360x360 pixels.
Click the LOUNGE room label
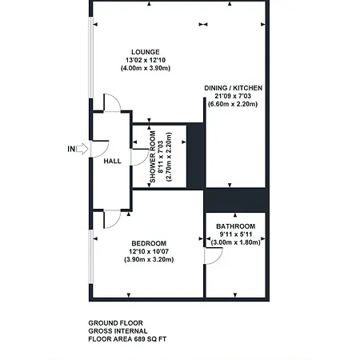[x=146, y=52]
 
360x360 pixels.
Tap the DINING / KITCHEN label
[x=233, y=88]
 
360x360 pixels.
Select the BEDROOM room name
[x=149, y=243]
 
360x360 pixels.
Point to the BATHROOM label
[x=235, y=226]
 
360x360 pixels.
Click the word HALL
[x=112, y=161]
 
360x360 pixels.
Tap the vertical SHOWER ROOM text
[x=153, y=157]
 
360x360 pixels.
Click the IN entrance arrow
[x=82, y=149]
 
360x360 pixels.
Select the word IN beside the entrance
[x=71, y=149]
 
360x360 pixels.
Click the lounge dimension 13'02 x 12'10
[x=146, y=60]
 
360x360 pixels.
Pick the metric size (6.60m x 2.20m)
[x=233, y=104]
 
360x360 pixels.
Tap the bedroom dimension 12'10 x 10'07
[x=149, y=251]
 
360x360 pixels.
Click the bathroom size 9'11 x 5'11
[x=235, y=234]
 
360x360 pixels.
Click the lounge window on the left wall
[x=91, y=58]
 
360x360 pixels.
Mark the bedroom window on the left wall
[x=91, y=257]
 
